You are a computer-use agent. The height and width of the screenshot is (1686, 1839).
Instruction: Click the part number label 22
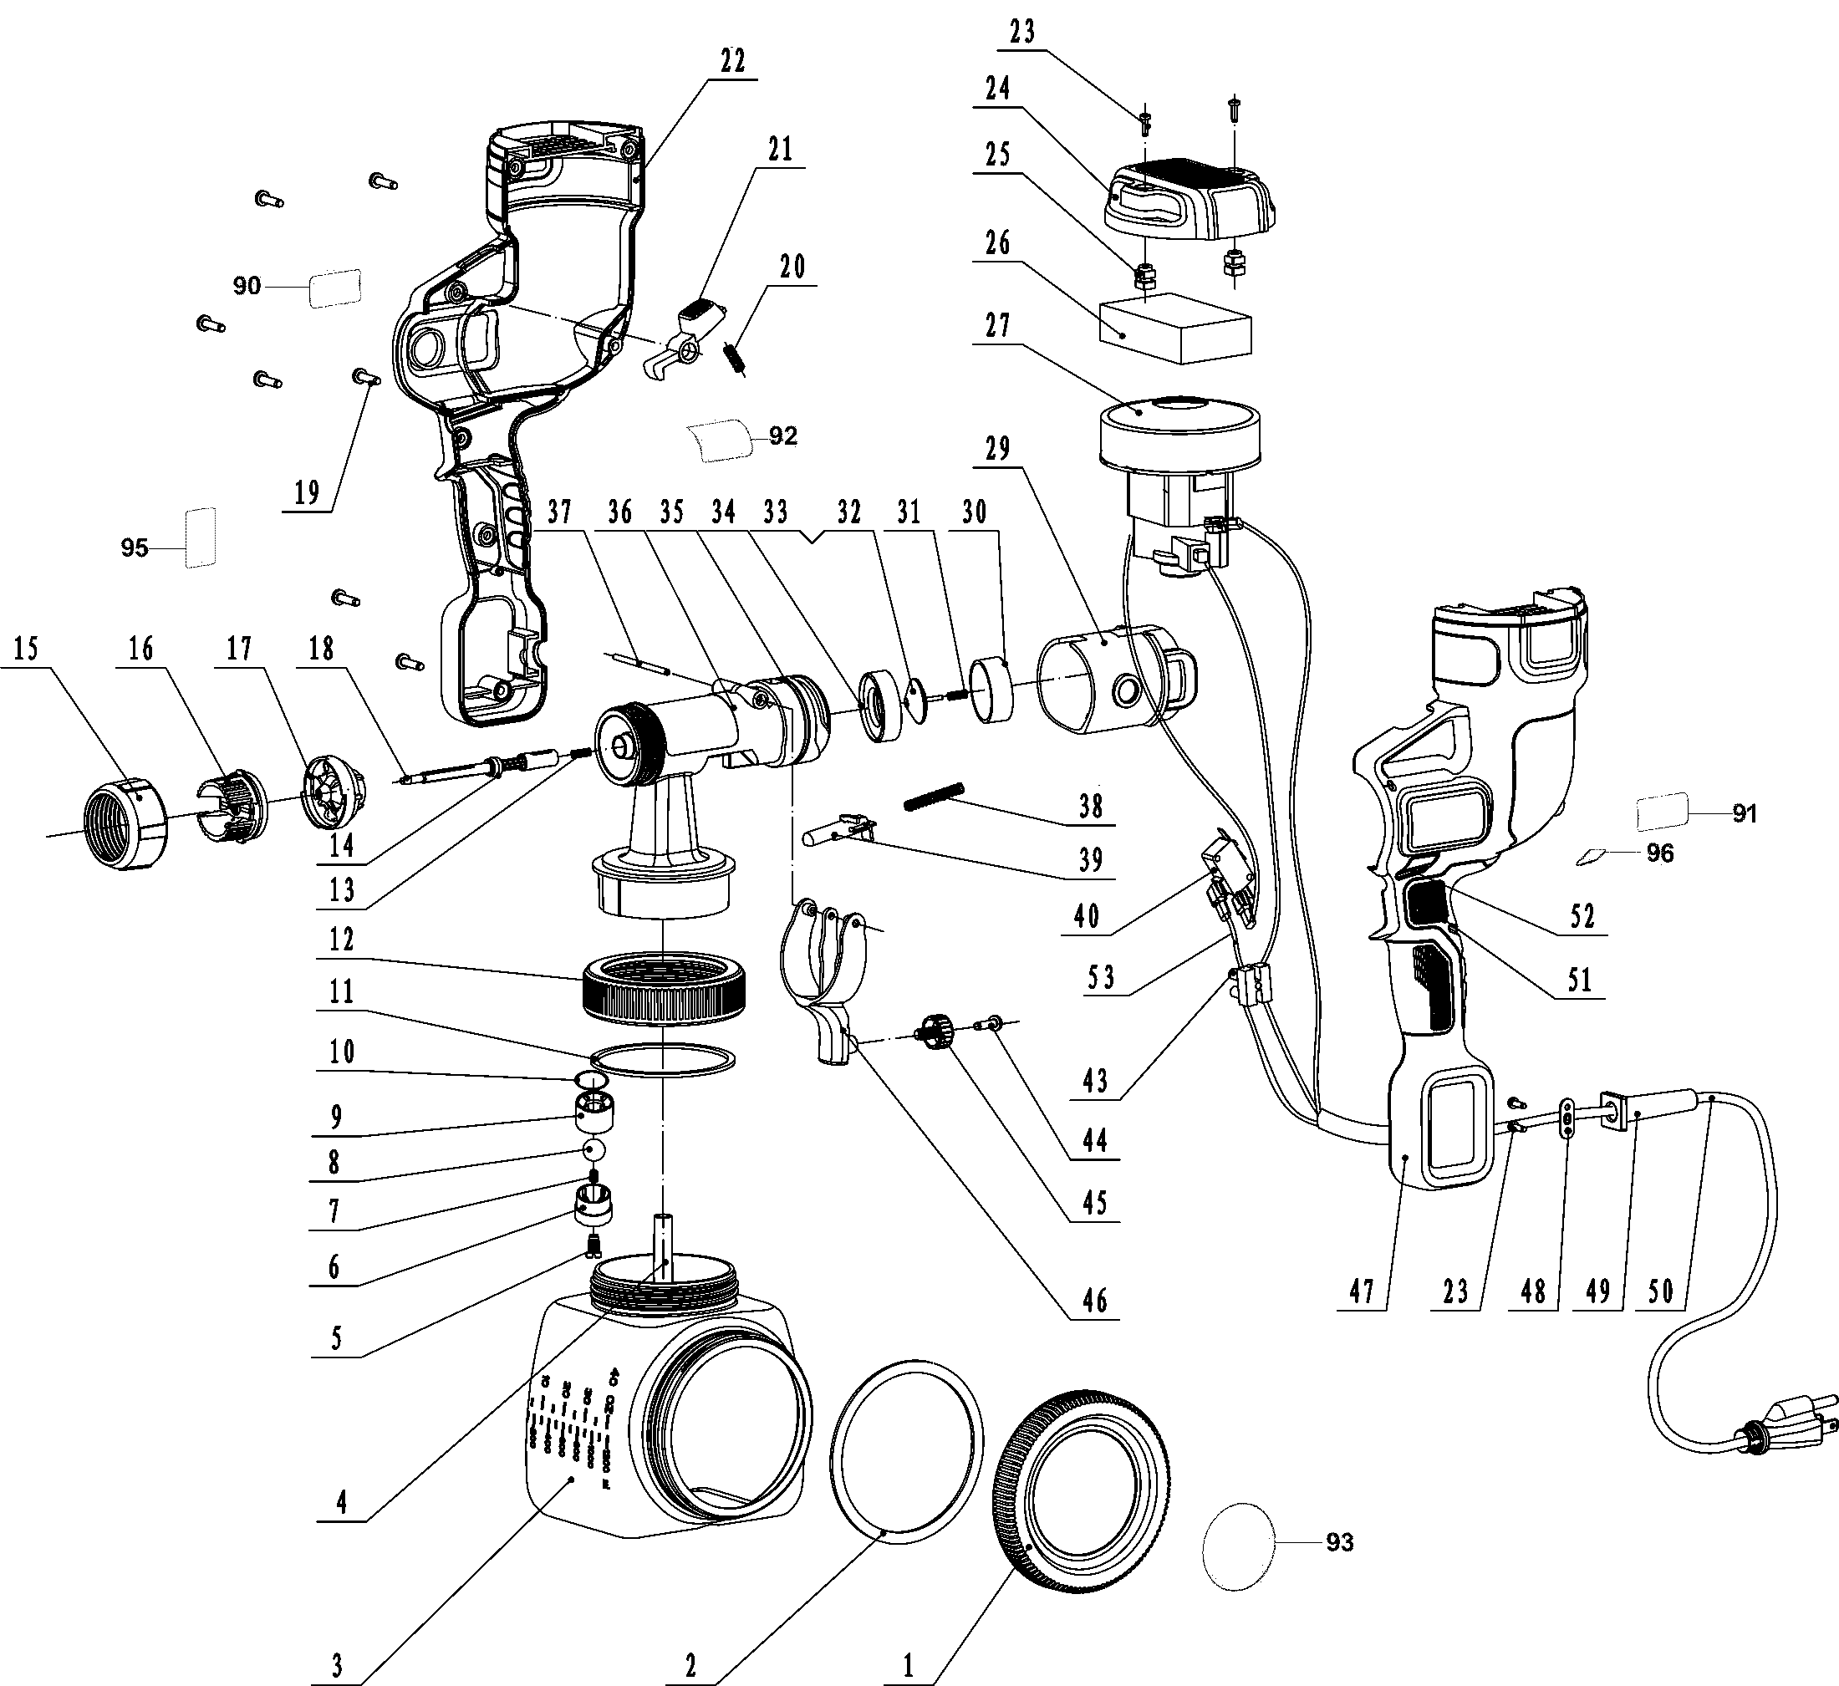coord(732,61)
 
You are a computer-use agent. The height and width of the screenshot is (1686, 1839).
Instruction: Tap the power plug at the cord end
coord(1788,1429)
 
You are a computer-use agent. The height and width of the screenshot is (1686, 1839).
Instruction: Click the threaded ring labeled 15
coord(126,824)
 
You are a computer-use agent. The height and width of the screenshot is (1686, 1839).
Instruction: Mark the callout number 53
coord(1101,977)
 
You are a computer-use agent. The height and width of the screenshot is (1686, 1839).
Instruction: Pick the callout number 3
coord(337,1665)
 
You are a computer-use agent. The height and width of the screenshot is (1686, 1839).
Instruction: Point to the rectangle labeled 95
coord(201,538)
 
